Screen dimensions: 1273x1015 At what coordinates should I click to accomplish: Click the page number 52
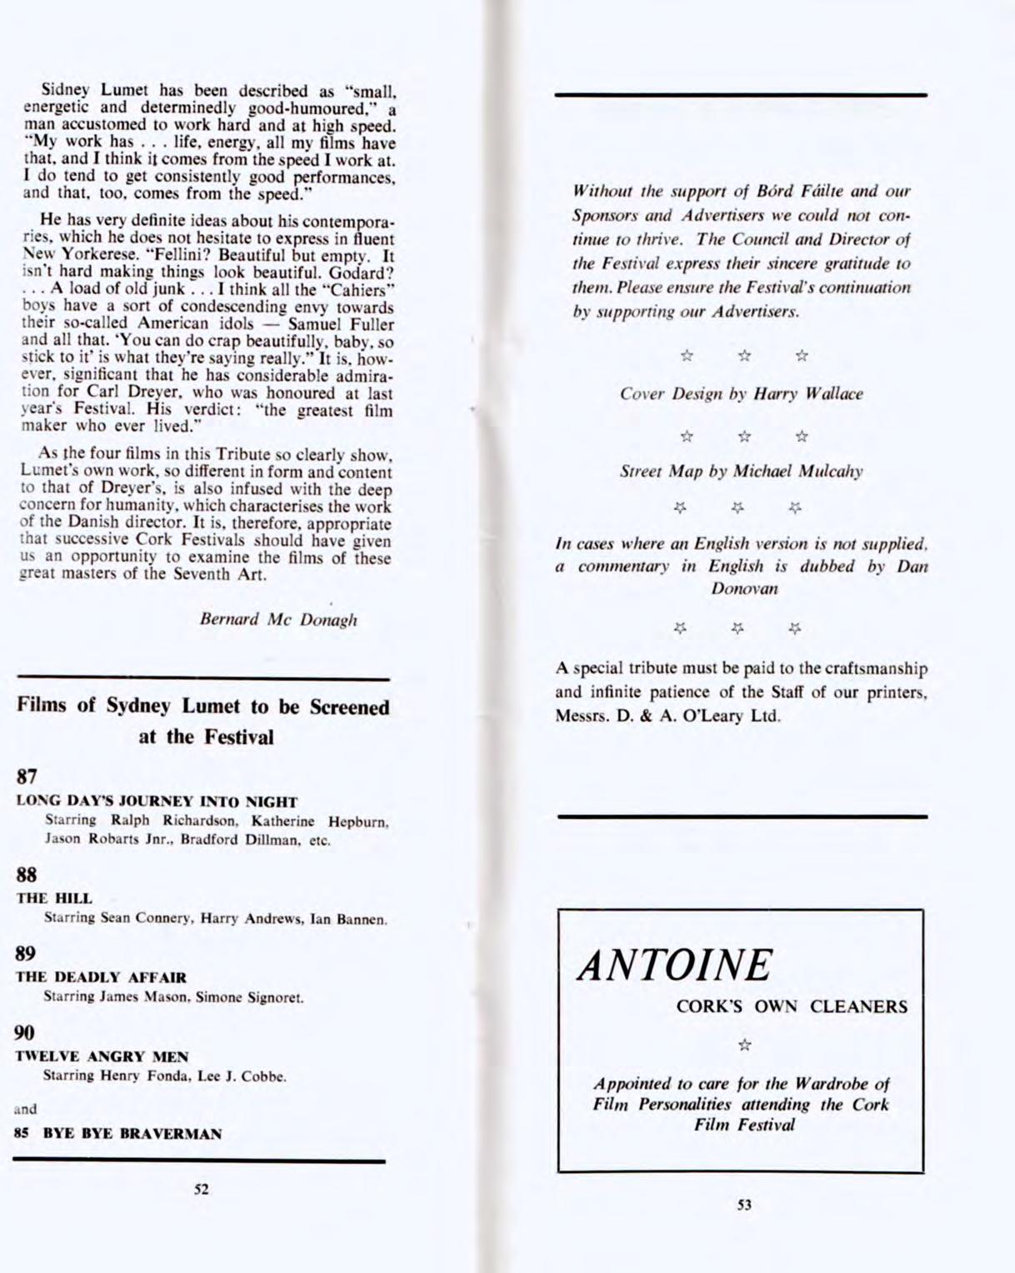click(x=201, y=1189)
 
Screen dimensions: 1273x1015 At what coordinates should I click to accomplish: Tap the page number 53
click(x=744, y=1204)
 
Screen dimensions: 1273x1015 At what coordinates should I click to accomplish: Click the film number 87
click(x=27, y=776)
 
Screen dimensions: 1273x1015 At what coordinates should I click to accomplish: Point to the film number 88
click(x=27, y=875)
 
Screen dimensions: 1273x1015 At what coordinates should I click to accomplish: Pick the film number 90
click(x=27, y=1033)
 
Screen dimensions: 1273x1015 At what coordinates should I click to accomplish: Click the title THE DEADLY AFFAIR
click(x=101, y=977)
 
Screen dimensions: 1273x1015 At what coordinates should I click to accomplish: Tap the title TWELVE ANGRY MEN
click(x=102, y=1056)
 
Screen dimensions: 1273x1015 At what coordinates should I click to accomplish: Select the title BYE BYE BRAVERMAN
click(x=132, y=1134)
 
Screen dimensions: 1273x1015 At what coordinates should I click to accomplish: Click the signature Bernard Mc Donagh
click(x=278, y=620)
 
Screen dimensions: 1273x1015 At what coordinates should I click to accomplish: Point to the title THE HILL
click(x=54, y=898)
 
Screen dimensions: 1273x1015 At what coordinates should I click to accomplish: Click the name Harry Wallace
click(x=807, y=394)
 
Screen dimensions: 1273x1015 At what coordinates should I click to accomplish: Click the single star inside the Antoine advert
click(x=745, y=1045)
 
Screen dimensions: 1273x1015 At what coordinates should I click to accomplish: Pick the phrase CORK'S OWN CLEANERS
click(x=792, y=1006)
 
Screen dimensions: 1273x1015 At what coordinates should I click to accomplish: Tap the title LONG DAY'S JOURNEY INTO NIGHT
click(x=157, y=802)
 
